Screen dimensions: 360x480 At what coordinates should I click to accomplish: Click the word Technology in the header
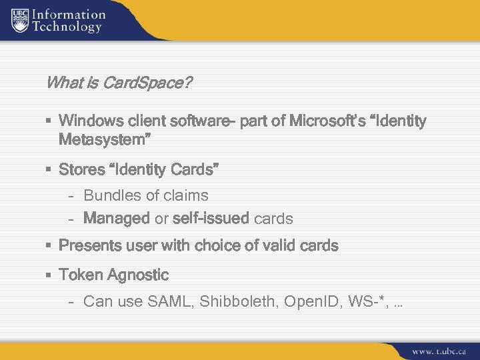[69, 27]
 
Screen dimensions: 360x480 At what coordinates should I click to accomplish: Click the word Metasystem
[104, 140]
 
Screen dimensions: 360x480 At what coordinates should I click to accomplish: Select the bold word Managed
[117, 219]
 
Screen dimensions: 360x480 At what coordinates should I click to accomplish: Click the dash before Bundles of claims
[71, 196]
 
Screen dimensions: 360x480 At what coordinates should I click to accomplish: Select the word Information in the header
[69, 14]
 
